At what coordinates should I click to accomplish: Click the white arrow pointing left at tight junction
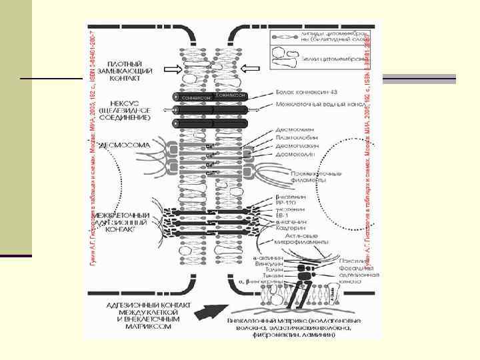click(251, 68)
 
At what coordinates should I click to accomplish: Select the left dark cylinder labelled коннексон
click(197, 97)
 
